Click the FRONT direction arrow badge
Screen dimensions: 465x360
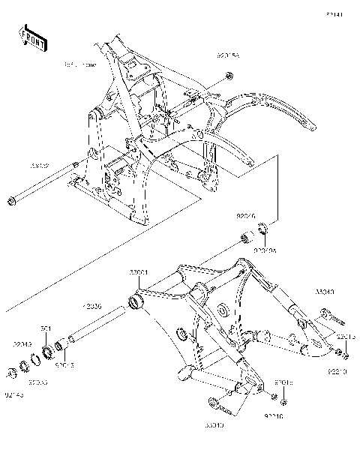[x=34, y=38]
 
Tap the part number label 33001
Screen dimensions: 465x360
[x=138, y=271]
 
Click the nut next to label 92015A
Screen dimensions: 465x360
[x=229, y=76]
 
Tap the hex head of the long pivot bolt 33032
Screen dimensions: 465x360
[x=12, y=200]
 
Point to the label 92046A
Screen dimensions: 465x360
[x=265, y=251]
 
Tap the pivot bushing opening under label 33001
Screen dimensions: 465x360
[x=136, y=302]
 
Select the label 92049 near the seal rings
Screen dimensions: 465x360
[x=22, y=344]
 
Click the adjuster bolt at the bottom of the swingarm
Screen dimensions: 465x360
[x=223, y=405]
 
